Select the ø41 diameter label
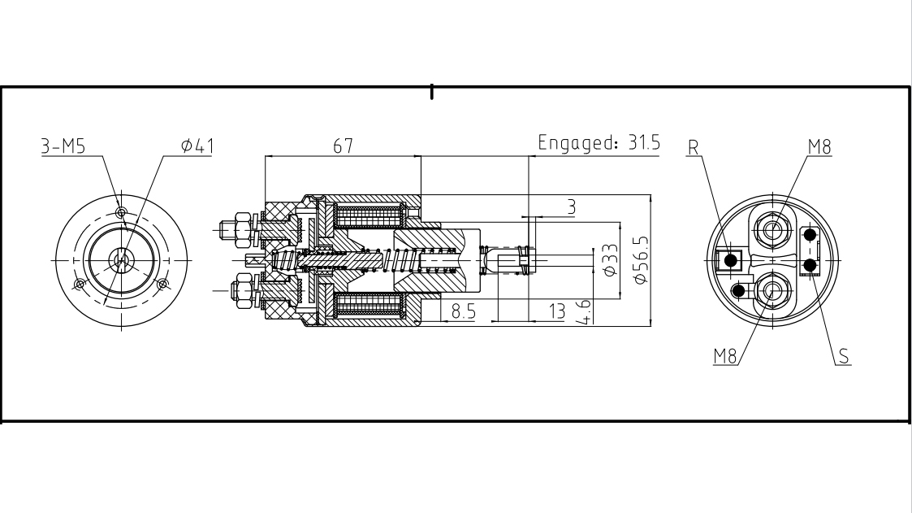point(197,146)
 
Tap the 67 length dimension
point(342,146)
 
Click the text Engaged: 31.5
point(599,144)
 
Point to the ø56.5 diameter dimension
point(641,259)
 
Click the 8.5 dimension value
point(464,311)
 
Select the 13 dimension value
point(556,311)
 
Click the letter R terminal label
point(693,147)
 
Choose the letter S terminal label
point(845,355)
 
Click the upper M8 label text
point(820,146)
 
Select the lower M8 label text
point(726,355)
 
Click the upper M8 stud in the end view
point(772,229)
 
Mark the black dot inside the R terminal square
point(731,260)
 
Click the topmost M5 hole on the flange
point(121,213)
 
